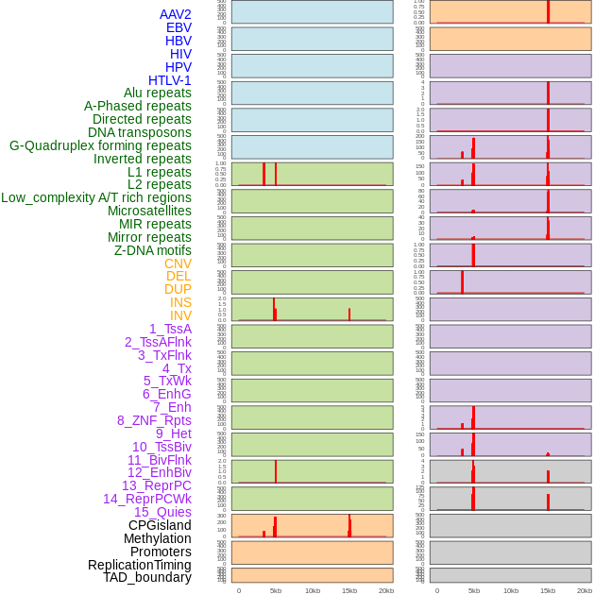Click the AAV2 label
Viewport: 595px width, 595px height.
tap(175, 14)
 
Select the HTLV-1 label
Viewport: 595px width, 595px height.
tap(169, 80)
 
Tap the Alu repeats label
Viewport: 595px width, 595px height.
tap(157, 93)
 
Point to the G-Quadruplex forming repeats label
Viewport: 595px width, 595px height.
tap(100, 145)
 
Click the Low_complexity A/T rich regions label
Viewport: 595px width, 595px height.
tap(96, 197)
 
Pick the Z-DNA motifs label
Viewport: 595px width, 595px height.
tap(152, 250)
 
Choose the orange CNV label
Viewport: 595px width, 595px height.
tap(178, 263)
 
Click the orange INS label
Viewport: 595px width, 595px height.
tap(179, 302)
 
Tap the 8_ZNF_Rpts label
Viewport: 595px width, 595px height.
tap(154, 420)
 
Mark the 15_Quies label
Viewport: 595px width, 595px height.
tap(162, 512)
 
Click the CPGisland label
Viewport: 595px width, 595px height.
tap(160, 525)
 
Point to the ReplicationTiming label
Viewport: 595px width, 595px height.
tap(139, 565)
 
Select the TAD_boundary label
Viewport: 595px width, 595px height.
tap(146, 577)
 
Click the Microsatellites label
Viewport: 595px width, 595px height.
tap(149, 211)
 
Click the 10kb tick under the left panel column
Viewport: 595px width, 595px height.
tap(313, 590)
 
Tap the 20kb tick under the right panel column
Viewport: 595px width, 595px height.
tap(585, 590)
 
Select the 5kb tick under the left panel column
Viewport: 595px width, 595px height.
tap(276, 590)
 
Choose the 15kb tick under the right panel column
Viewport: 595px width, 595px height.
tap(548, 590)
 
